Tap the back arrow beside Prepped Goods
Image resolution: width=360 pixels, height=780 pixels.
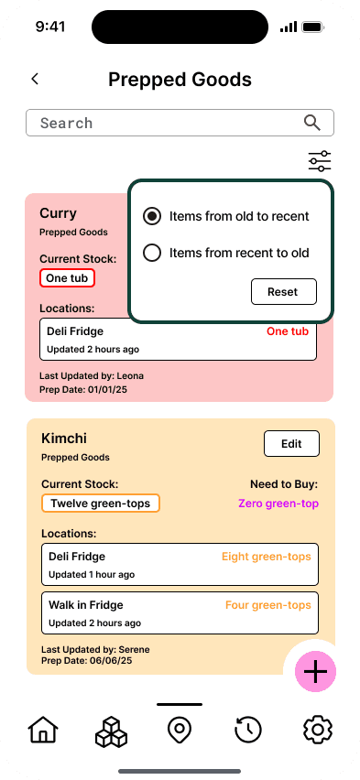(x=35, y=79)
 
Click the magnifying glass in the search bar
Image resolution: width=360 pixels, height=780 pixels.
(x=312, y=123)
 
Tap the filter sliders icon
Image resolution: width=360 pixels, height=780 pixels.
(x=320, y=161)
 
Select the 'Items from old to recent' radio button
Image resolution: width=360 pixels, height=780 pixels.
(x=152, y=216)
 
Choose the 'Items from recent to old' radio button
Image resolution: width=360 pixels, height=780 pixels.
(x=152, y=253)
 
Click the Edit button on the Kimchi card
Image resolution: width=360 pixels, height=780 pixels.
(x=291, y=444)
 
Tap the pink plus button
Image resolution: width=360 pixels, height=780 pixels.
(x=316, y=672)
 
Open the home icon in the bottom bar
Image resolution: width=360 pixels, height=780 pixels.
(x=43, y=731)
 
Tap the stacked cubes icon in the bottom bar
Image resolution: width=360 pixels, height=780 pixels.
(x=111, y=731)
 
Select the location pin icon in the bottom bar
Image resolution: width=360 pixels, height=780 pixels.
(x=180, y=731)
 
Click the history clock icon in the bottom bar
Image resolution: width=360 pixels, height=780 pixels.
(x=248, y=731)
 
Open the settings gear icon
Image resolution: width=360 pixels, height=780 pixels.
(x=318, y=731)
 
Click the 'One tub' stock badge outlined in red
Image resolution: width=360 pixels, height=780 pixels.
(x=67, y=278)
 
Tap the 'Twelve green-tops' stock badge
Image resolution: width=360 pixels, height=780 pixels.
(x=101, y=504)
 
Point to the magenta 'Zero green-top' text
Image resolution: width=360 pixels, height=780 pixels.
(x=278, y=504)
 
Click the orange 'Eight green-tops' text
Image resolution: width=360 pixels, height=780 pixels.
(x=267, y=557)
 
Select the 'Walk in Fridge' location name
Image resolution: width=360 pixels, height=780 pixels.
(x=85, y=605)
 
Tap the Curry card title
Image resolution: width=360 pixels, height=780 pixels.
(x=59, y=213)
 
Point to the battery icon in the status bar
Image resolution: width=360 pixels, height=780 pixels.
(x=313, y=27)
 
